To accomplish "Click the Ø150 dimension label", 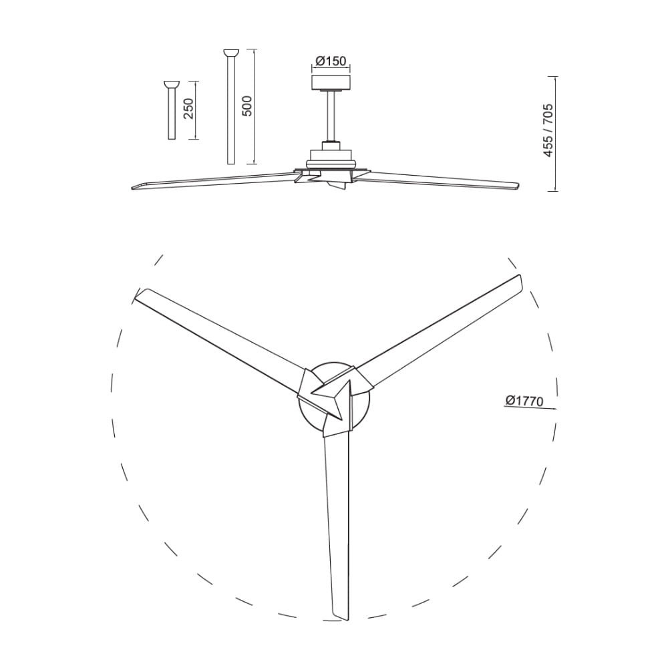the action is [331, 61].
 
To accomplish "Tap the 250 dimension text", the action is [188, 109].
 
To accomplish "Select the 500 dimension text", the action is [247, 106].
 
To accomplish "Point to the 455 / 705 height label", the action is [548, 130].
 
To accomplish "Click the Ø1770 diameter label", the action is [524, 401].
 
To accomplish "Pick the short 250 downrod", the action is [172, 110].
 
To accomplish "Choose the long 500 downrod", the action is [231, 107].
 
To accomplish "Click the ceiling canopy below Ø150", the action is [331, 83].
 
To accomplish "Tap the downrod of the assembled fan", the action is [331, 116].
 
